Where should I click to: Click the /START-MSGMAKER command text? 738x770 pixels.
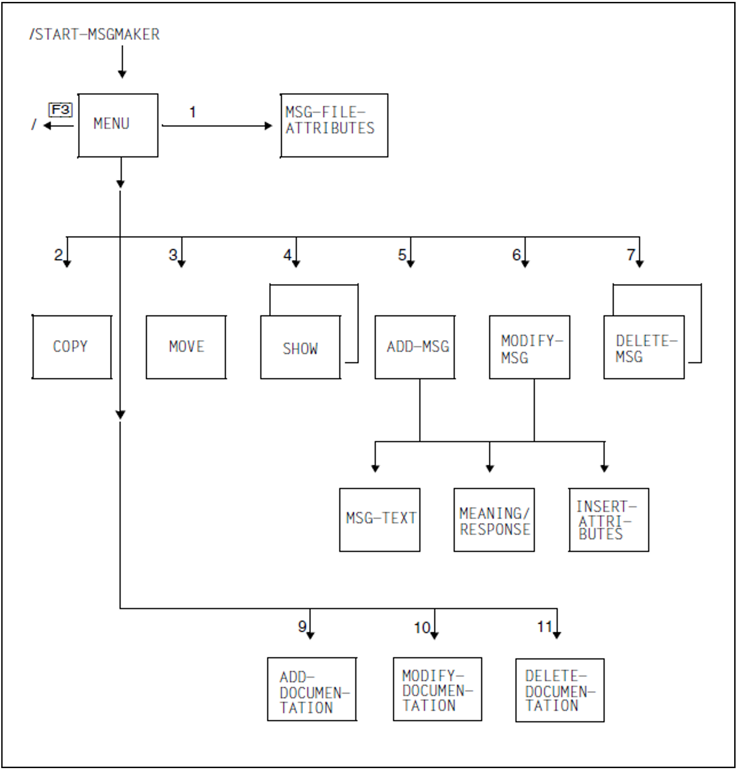(95, 34)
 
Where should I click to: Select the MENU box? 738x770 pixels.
(118, 125)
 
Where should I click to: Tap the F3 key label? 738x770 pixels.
(61, 110)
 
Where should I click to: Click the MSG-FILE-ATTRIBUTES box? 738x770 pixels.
(334, 125)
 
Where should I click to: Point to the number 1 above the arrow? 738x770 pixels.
(193, 112)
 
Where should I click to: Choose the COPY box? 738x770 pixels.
(72, 347)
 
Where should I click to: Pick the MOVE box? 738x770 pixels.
(186, 347)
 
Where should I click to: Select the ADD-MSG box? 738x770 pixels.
(415, 347)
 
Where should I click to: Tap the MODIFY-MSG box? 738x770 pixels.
(529, 347)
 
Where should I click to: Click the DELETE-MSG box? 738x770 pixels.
(644, 347)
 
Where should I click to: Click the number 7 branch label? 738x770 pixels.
(630, 255)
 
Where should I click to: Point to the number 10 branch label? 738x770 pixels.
(422, 628)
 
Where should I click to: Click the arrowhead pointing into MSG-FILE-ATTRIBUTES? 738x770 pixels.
(269, 126)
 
